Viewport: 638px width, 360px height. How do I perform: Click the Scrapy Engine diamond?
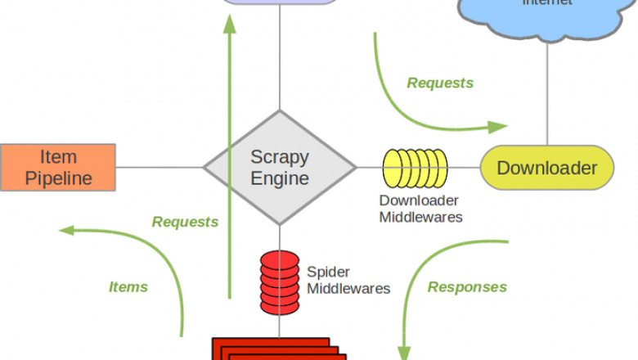click(x=280, y=168)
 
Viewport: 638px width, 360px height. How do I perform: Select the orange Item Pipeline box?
click(x=58, y=167)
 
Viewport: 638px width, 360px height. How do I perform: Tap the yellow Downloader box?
click(x=546, y=168)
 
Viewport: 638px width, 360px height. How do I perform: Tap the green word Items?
click(x=128, y=286)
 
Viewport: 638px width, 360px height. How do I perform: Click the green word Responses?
click(x=467, y=286)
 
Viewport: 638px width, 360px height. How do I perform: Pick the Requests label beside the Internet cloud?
click(x=440, y=83)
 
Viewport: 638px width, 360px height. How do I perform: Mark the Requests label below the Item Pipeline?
click(x=185, y=222)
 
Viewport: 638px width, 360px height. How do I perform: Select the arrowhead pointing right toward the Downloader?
click(x=498, y=127)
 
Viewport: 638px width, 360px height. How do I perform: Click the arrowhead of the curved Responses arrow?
click(x=403, y=350)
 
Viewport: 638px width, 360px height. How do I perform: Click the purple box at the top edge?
click(x=280, y=2)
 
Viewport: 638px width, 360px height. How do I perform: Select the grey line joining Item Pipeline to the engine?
click(x=159, y=168)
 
